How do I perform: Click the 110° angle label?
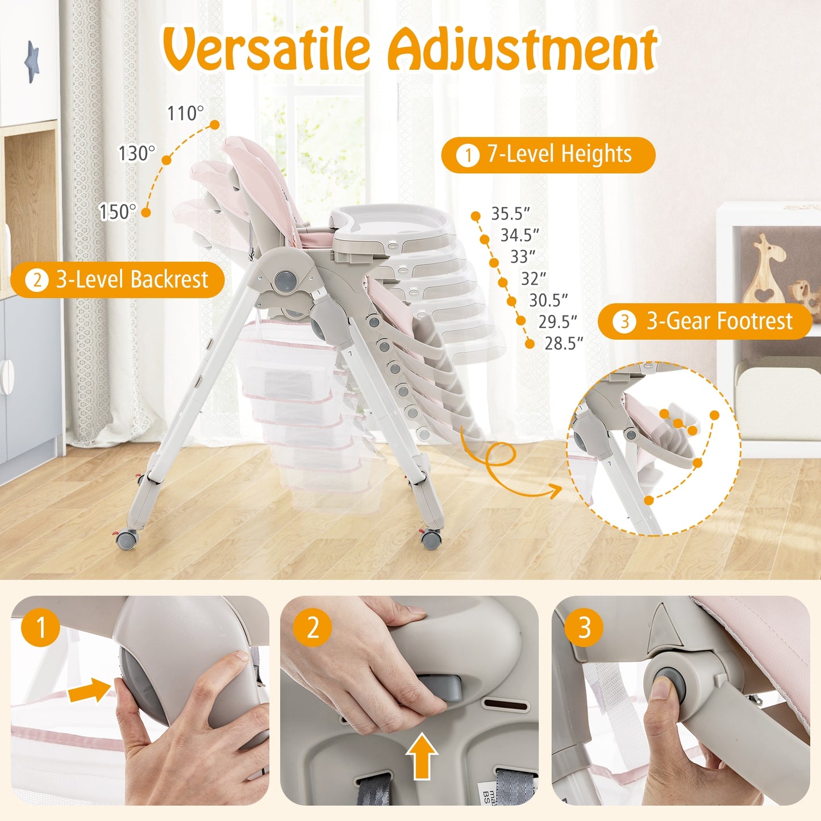[185, 114]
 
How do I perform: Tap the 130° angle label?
[136, 153]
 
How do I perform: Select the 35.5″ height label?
[510, 214]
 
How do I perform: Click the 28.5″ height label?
[564, 344]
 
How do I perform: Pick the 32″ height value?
[534, 279]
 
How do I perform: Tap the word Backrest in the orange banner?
[169, 280]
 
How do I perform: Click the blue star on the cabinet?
[32, 61]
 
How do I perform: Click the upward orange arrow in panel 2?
[422, 755]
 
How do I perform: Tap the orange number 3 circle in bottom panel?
[584, 628]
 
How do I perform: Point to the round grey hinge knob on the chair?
[285, 280]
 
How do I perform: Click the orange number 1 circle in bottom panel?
[40, 628]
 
